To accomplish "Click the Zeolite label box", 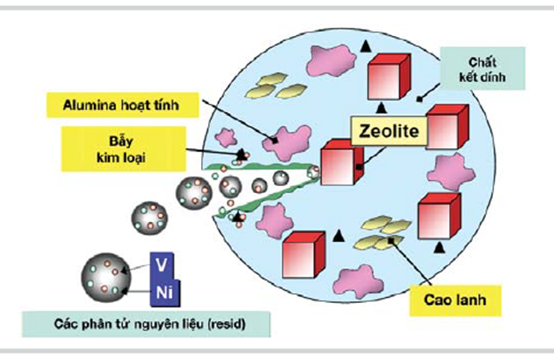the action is click(x=389, y=131).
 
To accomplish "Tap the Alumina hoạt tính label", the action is click(x=123, y=105).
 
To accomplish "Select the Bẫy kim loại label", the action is click(x=123, y=149).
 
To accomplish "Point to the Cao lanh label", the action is click(x=455, y=300).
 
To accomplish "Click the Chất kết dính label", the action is click(x=482, y=69).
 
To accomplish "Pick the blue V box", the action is click(x=162, y=266).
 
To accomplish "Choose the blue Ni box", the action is click(x=165, y=293).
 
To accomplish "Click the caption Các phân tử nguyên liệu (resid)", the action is click(x=146, y=324).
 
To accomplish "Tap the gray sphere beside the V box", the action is click(x=106, y=278).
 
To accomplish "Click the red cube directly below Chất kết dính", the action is click(x=448, y=127).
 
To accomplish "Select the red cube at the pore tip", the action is click(x=341, y=162).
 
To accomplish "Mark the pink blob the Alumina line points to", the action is click(x=287, y=142).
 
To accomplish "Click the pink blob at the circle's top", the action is click(x=331, y=60).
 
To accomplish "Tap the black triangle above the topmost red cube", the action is click(x=366, y=46).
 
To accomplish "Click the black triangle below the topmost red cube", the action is click(x=380, y=108).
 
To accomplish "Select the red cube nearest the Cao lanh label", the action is click(x=439, y=217).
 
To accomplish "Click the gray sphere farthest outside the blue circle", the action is click(x=150, y=218).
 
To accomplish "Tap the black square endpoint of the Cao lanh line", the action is click(x=391, y=241).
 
